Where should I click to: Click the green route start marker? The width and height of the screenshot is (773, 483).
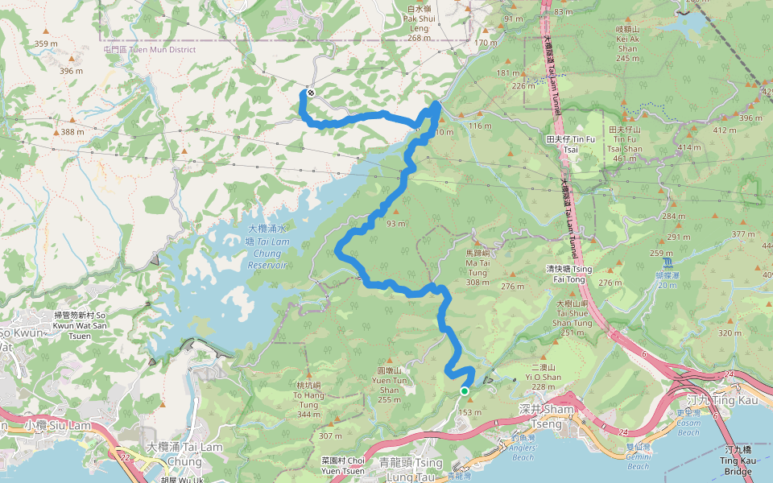click(x=465, y=391)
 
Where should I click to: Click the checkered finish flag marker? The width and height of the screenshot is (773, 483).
click(x=310, y=93)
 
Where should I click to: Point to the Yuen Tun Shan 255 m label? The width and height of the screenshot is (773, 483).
click(x=389, y=384)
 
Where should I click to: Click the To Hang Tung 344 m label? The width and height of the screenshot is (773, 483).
click(x=308, y=399)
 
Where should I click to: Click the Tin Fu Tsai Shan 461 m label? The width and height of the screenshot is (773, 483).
click(x=625, y=144)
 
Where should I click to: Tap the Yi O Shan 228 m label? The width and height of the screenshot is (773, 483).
click(x=542, y=376)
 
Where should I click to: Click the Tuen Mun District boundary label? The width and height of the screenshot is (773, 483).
click(x=150, y=49)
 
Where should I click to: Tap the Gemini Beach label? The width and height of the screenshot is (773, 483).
click(x=638, y=461)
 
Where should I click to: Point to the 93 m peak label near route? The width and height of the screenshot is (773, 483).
click(x=395, y=223)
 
